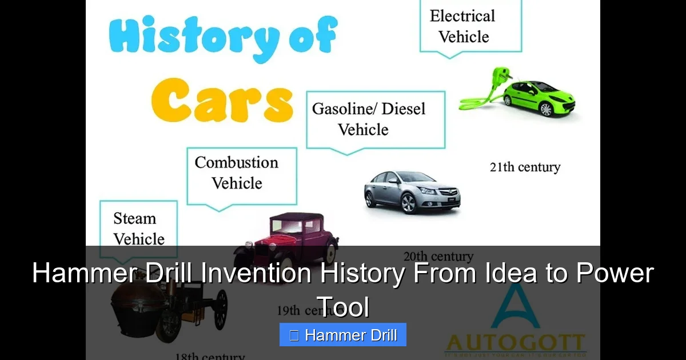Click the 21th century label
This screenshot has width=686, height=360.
(525, 167)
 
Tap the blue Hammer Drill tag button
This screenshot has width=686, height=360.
(343, 335)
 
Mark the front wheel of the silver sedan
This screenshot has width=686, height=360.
(408, 202)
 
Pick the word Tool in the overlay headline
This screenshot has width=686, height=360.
(343, 307)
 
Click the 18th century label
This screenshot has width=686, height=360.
(210, 356)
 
